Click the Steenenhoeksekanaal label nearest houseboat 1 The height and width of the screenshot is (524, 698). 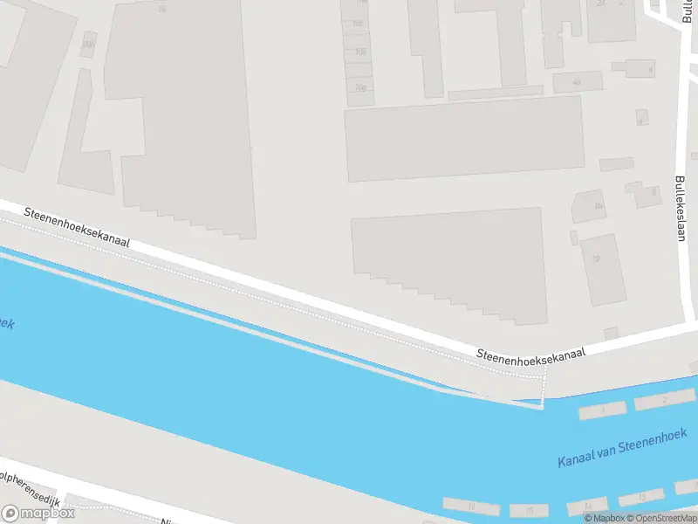pos(530,352)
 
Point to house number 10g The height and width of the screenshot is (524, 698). pos(359,86)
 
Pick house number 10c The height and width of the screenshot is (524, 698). pos(358,23)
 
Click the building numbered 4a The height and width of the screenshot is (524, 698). pos(577,82)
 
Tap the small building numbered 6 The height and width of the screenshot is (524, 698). pos(641,117)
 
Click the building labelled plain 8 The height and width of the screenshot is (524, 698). pos(653,192)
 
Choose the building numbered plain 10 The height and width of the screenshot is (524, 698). pos(597,259)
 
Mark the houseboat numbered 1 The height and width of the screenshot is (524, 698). pos(603,409)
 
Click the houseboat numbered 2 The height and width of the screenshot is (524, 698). pos(664,400)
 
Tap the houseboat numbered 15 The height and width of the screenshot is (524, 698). pos(530,510)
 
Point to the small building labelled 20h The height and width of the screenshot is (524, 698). pos(87,44)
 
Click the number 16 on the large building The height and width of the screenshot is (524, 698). pos(161,9)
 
